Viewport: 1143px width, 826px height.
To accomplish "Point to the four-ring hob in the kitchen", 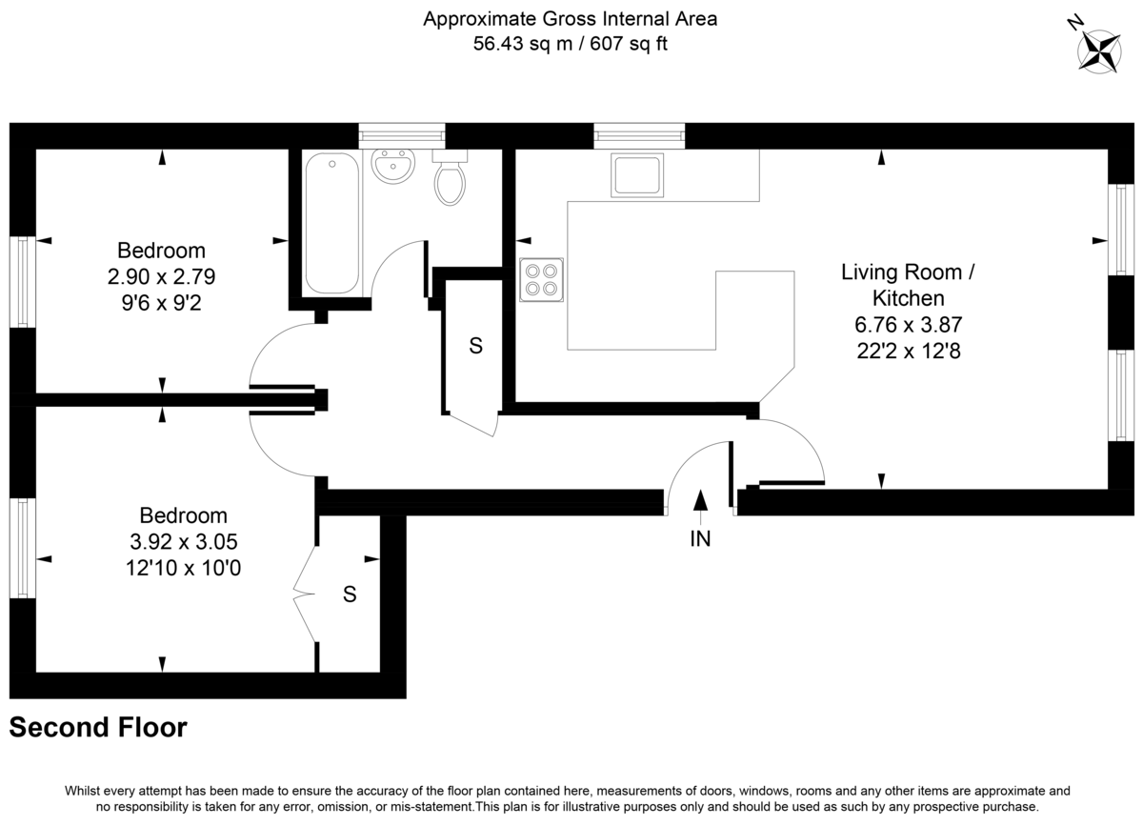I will click(x=541, y=280).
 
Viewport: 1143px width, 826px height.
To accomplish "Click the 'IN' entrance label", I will click(x=700, y=539).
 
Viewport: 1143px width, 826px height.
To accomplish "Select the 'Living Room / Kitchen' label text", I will click(x=907, y=285).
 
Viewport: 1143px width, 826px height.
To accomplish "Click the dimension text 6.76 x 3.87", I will click(x=907, y=324).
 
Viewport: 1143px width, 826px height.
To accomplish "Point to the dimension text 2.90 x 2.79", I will click(x=161, y=277).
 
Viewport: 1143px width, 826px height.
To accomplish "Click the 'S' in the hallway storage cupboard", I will click(x=475, y=347).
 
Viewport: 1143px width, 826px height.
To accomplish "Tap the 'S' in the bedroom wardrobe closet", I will click(x=350, y=594).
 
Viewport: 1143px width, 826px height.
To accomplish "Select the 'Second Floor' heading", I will click(x=98, y=728).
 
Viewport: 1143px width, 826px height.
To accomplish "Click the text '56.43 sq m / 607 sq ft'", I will click(x=571, y=44).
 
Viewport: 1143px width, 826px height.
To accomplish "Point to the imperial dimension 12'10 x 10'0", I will click(x=183, y=567).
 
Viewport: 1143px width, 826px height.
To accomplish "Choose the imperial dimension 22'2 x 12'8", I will click(x=907, y=350).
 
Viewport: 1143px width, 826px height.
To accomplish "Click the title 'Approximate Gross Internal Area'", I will click(x=571, y=18).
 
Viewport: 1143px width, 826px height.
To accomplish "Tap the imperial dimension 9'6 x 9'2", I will click(x=161, y=303).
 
